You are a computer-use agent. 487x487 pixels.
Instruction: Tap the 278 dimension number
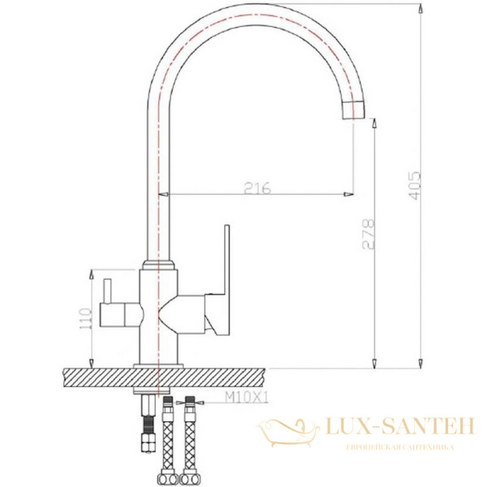point(368,234)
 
